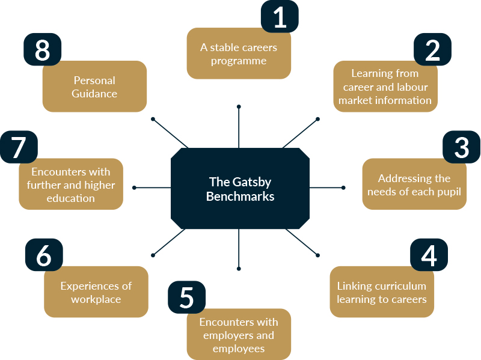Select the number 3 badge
tap(461, 147)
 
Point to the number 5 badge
tap(186, 297)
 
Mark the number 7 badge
tap(19, 147)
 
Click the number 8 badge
tap(42, 50)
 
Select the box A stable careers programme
tap(239, 53)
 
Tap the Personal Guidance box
tap(94, 87)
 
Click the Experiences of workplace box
tap(96, 292)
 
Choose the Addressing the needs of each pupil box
tap(414, 185)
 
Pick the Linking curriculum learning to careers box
tap(382, 292)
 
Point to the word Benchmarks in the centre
tap(240, 196)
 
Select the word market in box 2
tap(361, 100)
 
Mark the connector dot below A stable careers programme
tap(239, 107)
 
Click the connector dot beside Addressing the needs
tap(344, 188)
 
